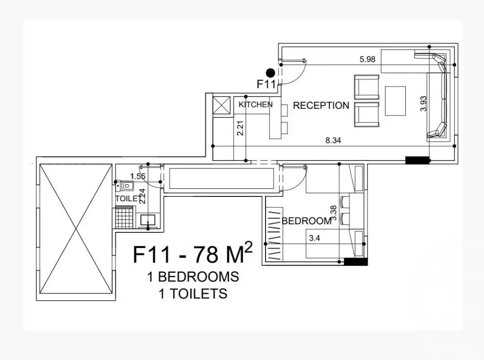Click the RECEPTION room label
[321, 106]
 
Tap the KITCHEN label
[255, 105]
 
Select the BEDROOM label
[306, 221]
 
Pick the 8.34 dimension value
[333, 140]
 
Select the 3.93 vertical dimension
[423, 103]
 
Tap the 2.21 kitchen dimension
[241, 128]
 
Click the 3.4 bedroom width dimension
[314, 238]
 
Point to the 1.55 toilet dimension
[138, 176]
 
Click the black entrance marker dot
[270, 72]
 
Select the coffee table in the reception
[395, 101]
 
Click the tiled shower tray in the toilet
[124, 218]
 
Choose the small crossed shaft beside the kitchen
[221, 105]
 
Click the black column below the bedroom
[355, 262]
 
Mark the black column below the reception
[417, 160]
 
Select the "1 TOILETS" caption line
[193, 294]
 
